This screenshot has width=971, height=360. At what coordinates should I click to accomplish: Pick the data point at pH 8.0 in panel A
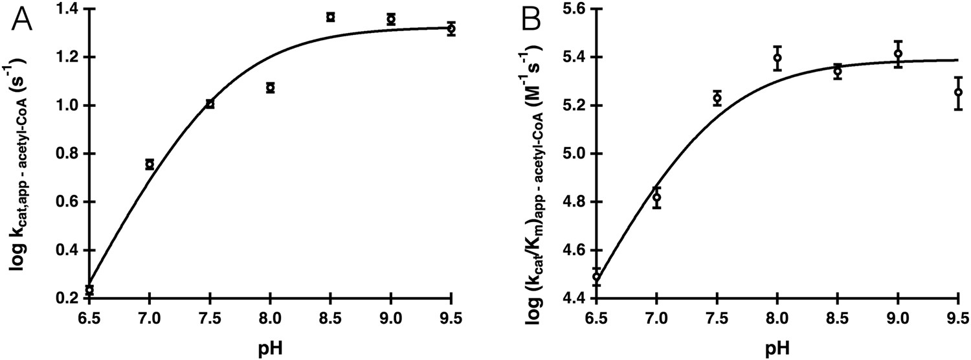coord(271,87)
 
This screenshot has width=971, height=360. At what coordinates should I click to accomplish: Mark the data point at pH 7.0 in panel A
coord(150,164)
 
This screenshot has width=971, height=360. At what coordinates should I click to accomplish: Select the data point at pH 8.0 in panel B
coord(777,58)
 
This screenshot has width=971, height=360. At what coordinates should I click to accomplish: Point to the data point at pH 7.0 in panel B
coord(657,197)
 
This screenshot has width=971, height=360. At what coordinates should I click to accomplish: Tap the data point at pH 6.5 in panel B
coord(596,277)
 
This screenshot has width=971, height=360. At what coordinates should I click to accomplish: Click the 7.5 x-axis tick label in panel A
coord(210,318)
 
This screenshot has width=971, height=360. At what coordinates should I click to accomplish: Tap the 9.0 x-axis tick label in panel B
coord(898,318)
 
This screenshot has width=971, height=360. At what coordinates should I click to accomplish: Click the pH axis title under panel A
coord(270,347)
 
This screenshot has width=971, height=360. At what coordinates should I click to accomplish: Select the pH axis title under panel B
coord(777,347)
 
